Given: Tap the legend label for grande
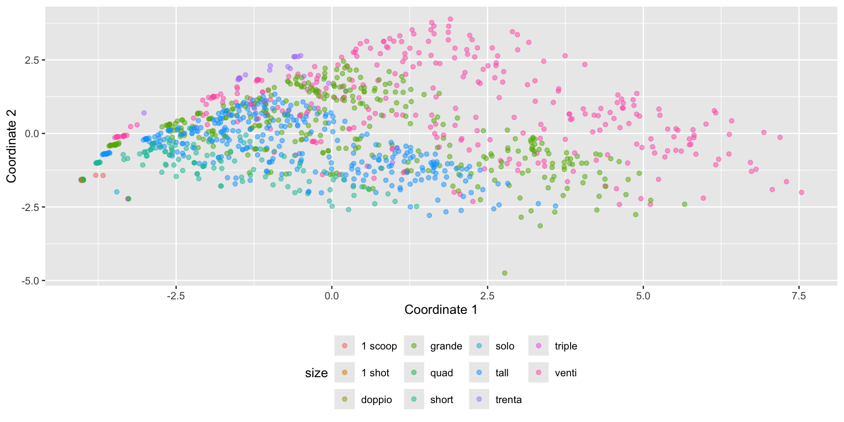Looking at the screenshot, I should click(446, 346).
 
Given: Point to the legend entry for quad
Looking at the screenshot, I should click(441, 373).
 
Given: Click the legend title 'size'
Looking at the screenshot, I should click(316, 373).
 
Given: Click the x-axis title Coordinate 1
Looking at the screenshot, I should click(441, 309).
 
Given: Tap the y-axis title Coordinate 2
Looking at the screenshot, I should click(11, 146).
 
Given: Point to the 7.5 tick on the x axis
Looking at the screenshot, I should click(799, 296).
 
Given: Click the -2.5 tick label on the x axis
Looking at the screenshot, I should click(175, 296).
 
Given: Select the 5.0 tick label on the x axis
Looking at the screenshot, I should click(643, 296).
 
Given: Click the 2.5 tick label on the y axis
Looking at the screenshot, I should click(32, 60).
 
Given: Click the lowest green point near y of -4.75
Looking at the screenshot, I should click(505, 273).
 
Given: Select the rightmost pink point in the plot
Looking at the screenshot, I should click(801, 192).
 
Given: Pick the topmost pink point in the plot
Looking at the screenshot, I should click(450, 19).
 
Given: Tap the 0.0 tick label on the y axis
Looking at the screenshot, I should click(32, 133).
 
